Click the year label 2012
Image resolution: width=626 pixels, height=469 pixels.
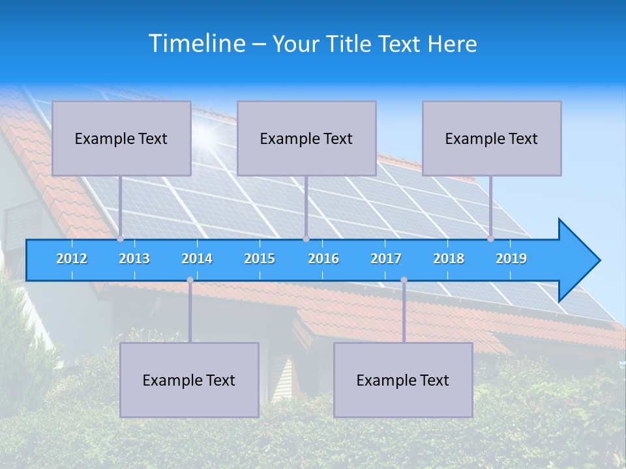pyautogui.click(x=72, y=259)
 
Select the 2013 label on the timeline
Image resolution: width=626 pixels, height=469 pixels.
pyautogui.click(x=134, y=259)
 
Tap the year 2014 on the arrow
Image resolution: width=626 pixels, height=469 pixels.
pyautogui.click(x=197, y=259)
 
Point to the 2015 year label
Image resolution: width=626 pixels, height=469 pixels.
pyautogui.click(x=260, y=259)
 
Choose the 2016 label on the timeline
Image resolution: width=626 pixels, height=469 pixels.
pyautogui.click(x=323, y=259)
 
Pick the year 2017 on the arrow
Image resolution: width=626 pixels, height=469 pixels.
pyautogui.click(x=386, y=259)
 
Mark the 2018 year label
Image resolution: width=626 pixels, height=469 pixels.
pyautogui.click(x=449, y=259)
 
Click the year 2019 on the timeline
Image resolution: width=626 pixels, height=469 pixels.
pyautogui.click(x=511, y=259)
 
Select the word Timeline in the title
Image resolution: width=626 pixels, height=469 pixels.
pyautogui.click(x=196, y=44)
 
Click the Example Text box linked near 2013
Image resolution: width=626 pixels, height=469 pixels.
pyautogui.click(x=121, y=138)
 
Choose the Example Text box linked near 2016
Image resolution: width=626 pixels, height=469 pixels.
pyautogui.click(x=306, y=138)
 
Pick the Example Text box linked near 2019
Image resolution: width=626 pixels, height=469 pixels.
pyautogui.click(x=492, y=138)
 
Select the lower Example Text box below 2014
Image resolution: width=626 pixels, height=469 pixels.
pyautogui.click(x=189, y=380)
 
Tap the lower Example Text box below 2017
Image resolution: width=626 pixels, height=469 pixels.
pyautogui.click(x=403, y=380)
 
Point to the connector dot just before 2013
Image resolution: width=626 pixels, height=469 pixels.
pyautogui.click(x=121, y=239)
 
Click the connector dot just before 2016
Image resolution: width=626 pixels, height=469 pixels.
pyautogui.click(x=306, y=239)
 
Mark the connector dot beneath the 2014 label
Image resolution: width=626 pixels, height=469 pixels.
pyautogui.click(x=190, y=280)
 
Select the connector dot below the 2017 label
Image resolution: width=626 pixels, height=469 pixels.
pyautogui.click(x=404, y=280)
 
